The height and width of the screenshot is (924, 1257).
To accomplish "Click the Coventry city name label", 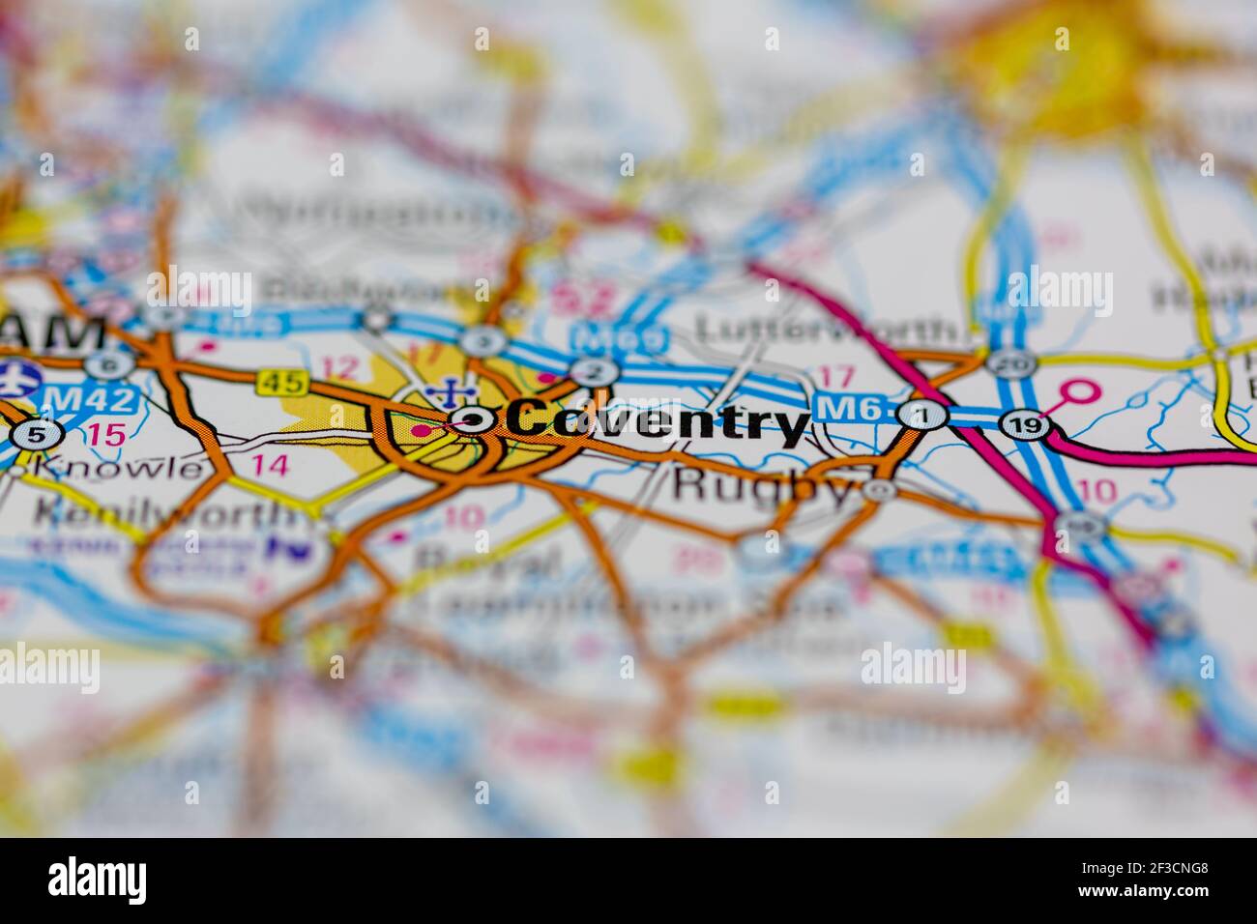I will tap(658, 422).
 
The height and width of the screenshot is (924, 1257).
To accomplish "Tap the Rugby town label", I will tap(764, 484).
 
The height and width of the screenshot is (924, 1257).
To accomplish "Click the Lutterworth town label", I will tap(828, 329).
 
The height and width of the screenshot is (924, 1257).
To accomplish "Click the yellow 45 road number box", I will tap(281, 383).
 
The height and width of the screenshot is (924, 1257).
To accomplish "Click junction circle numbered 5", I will tap(34, 435).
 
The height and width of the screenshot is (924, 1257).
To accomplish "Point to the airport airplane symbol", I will tap(14, 379).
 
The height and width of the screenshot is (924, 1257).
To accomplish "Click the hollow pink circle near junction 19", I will tap(1079, 392).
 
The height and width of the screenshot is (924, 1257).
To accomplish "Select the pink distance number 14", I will tap(270, 465).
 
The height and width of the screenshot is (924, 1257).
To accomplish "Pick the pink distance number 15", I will tap(104, 434).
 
